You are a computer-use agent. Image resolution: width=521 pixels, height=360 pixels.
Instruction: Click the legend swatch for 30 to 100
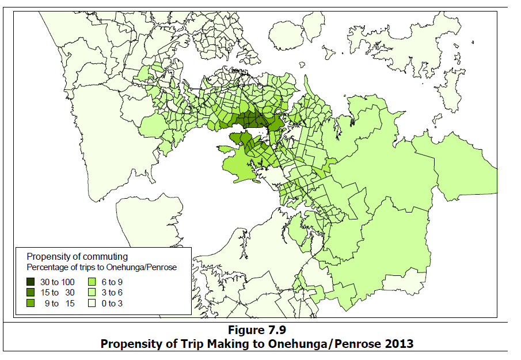coord(31,282)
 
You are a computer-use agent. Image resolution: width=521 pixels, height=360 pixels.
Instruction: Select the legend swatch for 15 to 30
coord(31,293)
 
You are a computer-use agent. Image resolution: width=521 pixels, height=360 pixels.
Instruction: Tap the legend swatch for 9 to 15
coord(31,303)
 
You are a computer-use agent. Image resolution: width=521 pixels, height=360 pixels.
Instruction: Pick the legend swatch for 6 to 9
coord(93,282)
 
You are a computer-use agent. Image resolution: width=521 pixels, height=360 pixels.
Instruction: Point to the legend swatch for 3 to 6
coord(93,293)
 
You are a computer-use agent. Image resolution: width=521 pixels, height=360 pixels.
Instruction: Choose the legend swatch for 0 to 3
coord(93,303)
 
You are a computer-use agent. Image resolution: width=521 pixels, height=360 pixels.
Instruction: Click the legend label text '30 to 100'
coord(58,282)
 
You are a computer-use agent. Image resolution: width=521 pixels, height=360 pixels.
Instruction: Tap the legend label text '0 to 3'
coord(112,303)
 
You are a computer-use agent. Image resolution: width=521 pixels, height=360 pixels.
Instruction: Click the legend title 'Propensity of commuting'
coord(77,256)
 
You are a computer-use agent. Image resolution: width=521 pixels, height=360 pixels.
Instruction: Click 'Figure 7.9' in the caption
coord(257,331)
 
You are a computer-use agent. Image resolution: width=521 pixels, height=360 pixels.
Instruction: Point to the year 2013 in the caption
coord(400,344)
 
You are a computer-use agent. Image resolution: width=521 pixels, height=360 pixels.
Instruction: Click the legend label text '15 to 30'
coord(58,293)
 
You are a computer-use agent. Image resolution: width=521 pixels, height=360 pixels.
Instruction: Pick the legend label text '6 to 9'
coord(112,282)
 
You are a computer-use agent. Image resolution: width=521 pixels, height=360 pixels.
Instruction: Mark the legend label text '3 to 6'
coord(112,293)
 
